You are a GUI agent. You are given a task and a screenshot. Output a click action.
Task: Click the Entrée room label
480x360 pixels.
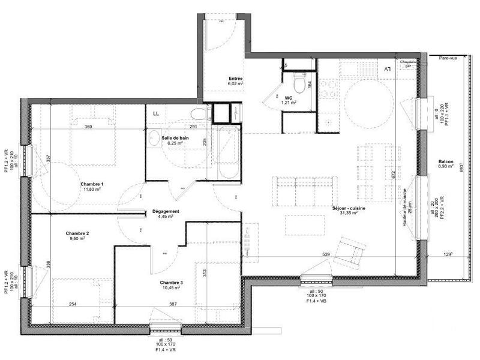click(x=236, y=79)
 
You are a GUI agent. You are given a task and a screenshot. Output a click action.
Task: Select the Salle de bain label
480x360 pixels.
click(x=175, y=138)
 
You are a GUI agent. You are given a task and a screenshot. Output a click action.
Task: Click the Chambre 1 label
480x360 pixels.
click(x=93, y=184)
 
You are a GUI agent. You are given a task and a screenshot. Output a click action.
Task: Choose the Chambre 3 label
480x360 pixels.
click(x=171, y=282)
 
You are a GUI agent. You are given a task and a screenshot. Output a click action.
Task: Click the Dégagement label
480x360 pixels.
click(x=166, y=211)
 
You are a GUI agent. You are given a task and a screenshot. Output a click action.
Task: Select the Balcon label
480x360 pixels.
click(x=446, y=161)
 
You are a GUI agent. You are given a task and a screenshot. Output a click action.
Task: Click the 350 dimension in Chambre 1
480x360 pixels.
click(x=88, y=127)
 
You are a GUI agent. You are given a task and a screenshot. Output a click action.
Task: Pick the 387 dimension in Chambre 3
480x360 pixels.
click(x=173, y=304)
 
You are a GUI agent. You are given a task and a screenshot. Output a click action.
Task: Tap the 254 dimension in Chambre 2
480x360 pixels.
click(x=73, y=304)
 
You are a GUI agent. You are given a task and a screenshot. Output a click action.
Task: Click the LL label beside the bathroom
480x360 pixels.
click(x=156, y=113)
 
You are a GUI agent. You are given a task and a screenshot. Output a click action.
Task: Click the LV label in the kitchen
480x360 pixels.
click(x=386, y=70)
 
